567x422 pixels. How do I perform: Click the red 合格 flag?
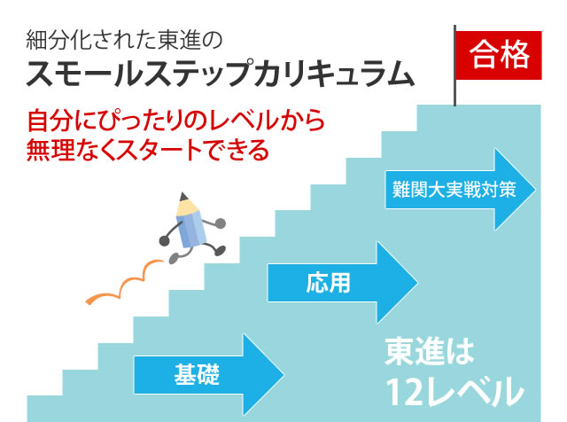498,55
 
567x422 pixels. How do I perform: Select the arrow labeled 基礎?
209,375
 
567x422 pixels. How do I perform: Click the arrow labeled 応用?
343,283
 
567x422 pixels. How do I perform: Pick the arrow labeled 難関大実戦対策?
461,190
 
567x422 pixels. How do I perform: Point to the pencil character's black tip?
183,197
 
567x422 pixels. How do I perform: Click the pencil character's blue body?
191,229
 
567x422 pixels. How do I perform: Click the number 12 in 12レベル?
404,393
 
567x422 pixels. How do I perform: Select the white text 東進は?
430,351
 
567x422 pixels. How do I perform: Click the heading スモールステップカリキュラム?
221,74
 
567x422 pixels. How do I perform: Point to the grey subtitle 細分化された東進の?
124,40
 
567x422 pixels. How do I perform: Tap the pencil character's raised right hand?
220,223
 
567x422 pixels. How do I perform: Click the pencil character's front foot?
220,250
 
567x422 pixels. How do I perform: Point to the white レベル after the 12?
474,393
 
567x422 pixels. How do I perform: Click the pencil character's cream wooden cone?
187,207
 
